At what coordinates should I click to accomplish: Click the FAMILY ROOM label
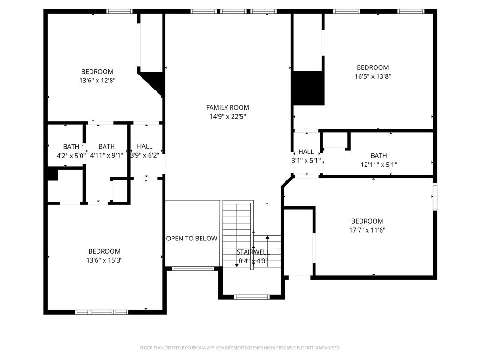(227, 108)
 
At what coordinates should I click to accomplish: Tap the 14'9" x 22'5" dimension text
(227, 117)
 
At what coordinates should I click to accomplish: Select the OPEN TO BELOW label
(192, 239)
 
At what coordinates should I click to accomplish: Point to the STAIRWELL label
(253, 252)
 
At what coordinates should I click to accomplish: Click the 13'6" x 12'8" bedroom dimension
(97, 81)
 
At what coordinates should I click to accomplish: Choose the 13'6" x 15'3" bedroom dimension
(104, 260)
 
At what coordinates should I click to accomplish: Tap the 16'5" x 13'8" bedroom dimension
(373, 76)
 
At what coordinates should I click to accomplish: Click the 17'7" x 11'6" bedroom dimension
(367, 230)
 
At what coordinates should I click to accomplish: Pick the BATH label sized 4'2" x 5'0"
(71, 147)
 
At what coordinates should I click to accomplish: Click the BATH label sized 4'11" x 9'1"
(106, 147)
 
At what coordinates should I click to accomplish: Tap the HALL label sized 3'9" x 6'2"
(144, 147)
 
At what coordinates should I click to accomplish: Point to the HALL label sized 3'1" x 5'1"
(306, 152)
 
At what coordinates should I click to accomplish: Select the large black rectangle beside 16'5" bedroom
(308, 88)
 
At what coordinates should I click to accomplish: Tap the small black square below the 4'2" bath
(52, 174)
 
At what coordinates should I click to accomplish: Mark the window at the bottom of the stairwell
(252, 297)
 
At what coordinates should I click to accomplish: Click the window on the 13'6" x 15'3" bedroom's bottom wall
(102, 312)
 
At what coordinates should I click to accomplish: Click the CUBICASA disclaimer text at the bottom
(240, 348)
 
